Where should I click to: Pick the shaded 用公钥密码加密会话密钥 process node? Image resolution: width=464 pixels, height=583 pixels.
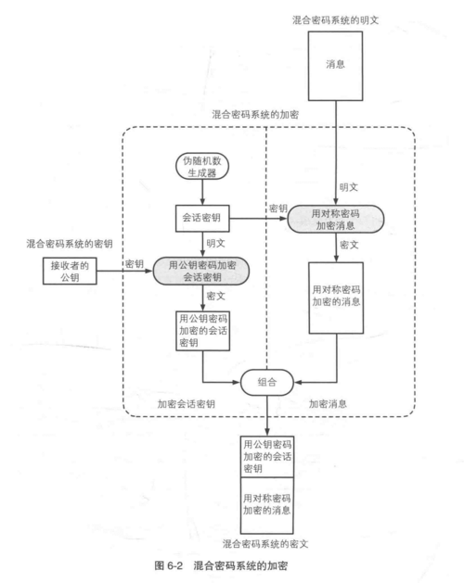[203, 271]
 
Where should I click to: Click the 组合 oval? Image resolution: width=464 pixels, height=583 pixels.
[268, 380]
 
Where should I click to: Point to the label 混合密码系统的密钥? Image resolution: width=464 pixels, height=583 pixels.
[55, 243]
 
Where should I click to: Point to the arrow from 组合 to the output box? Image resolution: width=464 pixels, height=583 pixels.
[268, 413]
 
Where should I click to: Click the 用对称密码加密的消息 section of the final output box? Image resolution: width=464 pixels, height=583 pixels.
[268, 505]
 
